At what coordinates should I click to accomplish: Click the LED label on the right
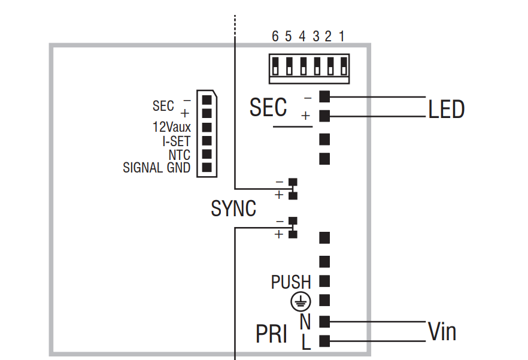point(446,110)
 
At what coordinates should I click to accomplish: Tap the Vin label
point(442,331)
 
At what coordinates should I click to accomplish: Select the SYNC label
point(233,208)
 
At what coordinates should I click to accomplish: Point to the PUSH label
point(291,282)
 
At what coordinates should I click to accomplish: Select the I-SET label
point(177,141)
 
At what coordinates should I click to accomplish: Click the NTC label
point(179,155)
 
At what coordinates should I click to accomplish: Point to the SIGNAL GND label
point(156,168)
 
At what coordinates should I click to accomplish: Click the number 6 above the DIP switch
point(275,36)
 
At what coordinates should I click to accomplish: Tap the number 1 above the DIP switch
point(341,36)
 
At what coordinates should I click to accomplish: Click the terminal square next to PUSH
point(325,280)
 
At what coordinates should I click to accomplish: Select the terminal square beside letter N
point(325,321)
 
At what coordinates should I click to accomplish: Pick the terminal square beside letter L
point(325,341)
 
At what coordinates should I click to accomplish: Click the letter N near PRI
point(305,322)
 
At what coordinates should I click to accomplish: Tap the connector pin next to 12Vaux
point(206,127)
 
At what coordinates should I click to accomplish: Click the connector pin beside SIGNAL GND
point(206,168)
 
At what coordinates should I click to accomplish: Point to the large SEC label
point(268,108)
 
